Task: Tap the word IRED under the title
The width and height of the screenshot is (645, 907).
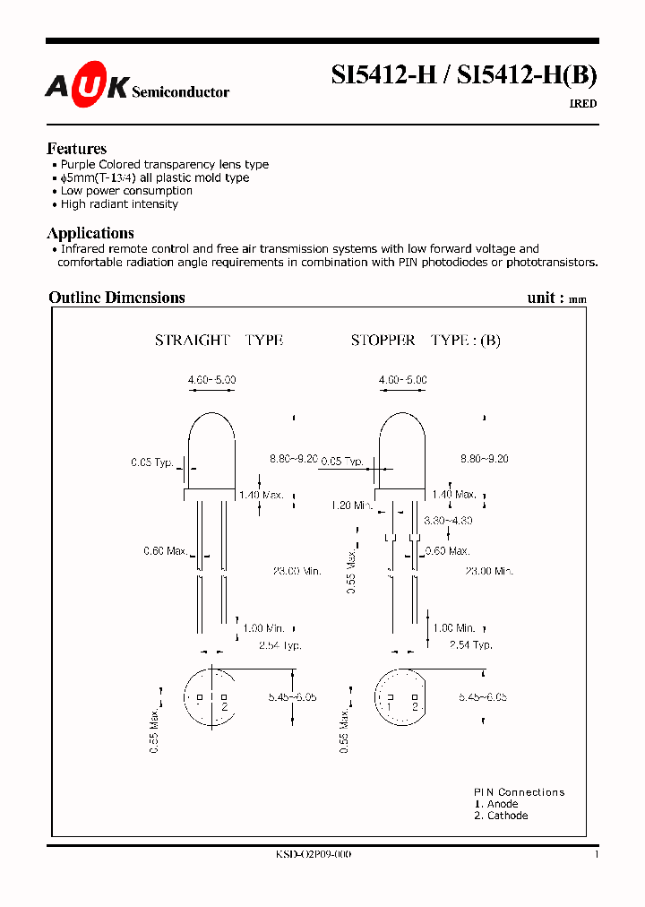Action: coord(583,104)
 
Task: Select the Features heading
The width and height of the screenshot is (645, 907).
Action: coord(76,149)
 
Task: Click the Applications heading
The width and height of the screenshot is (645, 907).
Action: coord(90,233)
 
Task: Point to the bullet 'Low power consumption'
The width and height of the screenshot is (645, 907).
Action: coord(126,191)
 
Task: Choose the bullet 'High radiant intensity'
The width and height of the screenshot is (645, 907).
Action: coord(119,204)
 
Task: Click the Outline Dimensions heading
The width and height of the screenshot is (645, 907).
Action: coord(116,298)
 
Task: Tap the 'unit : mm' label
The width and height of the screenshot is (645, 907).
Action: coord(557,298)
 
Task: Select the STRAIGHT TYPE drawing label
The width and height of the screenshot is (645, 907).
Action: coord(219,341)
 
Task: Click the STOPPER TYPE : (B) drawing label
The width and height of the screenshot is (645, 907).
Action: coord(426,341)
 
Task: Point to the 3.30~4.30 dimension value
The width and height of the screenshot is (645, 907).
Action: coord(447,521)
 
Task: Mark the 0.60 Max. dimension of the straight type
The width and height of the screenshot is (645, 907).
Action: coord(166,550)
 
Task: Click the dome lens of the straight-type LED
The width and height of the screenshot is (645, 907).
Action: coord(211,439)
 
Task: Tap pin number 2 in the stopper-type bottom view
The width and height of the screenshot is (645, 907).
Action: coord(416,707)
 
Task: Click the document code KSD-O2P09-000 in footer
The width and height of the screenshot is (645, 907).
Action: coord(314,855)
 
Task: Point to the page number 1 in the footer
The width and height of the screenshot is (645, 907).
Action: coord(596,855)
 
